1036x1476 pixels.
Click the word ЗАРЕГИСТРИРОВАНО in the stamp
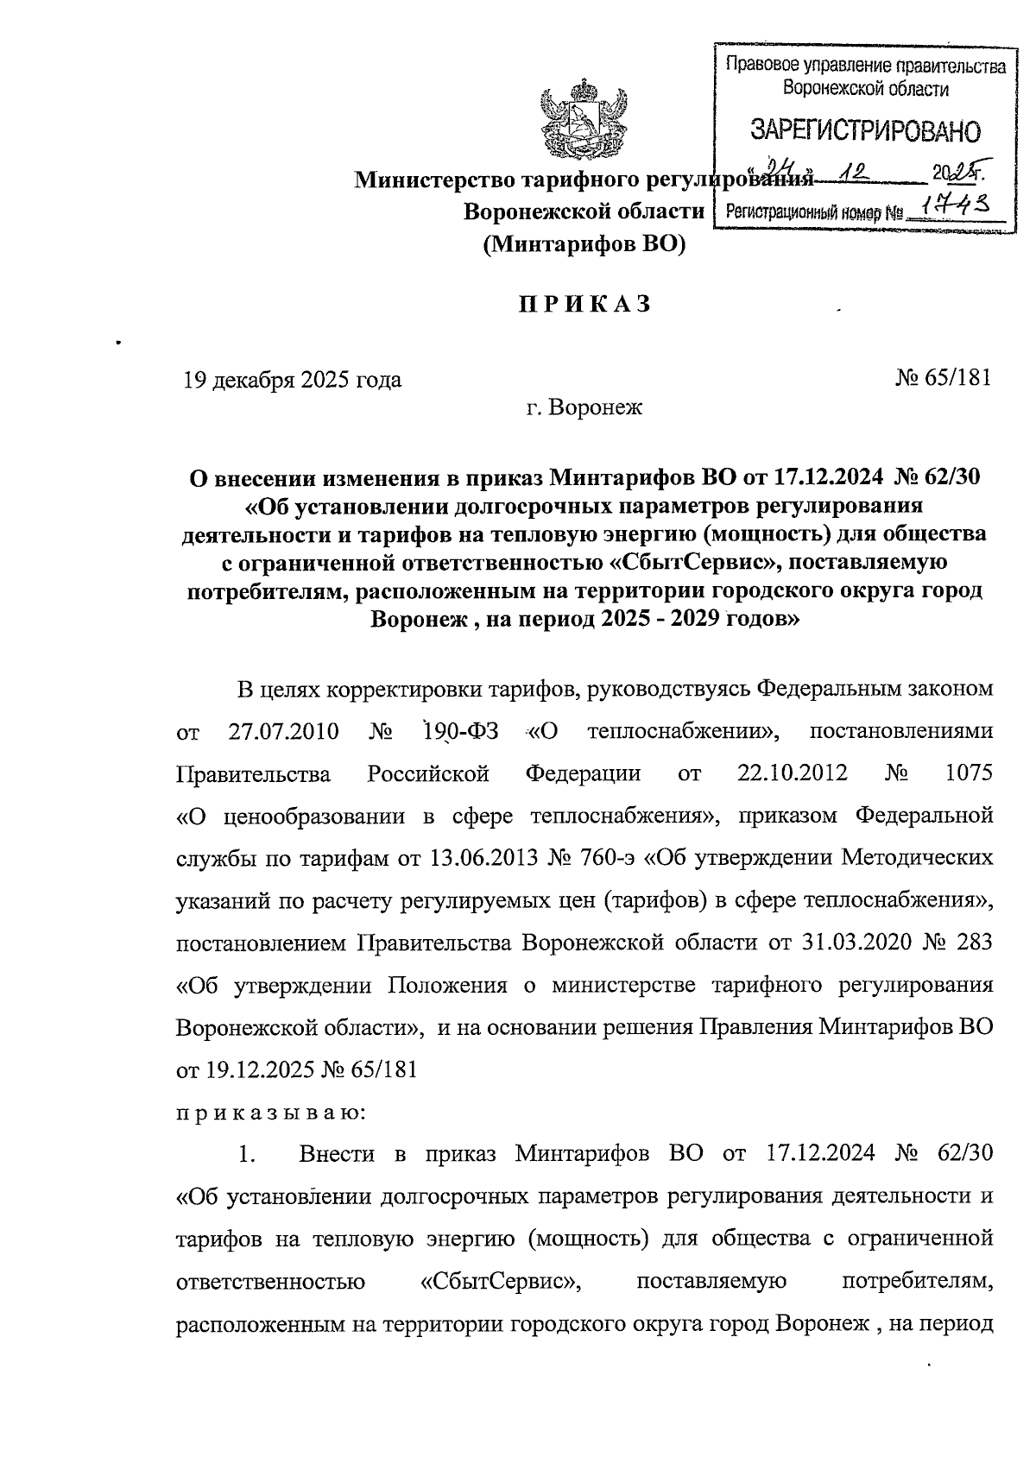click(x=865, y=132)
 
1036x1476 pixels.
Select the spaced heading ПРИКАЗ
click(x=584, y=305)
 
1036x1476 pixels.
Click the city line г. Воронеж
click(x=584, y=407)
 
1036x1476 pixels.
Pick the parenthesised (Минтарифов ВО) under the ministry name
click(x=584, y=246)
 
